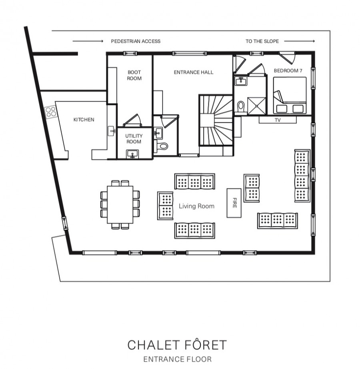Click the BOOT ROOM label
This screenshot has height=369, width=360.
[134, 75]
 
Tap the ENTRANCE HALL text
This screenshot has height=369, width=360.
[193, 72]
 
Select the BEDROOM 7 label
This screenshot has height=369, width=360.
[288, 70]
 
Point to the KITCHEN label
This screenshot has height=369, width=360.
[84, 119]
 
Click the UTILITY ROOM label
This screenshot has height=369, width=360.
[134, 139]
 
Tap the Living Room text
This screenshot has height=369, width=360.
[196, 206]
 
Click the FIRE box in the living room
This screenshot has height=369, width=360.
[235, 203]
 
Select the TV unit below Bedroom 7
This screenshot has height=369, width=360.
[277, 120]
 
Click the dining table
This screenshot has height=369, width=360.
[120, 205]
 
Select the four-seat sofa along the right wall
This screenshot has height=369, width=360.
[302, 176]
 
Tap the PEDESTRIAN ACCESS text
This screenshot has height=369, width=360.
[136, 41]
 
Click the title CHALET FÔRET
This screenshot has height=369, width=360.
[177, 345]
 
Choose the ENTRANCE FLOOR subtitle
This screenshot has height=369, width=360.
[177, 359]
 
